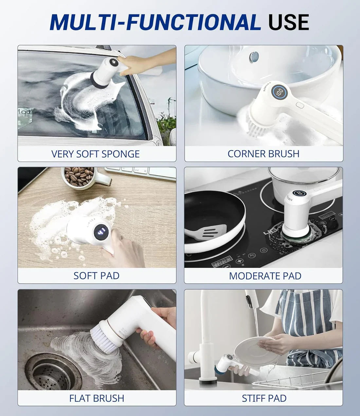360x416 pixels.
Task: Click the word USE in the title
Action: pyautogui.click(x=288, y=22)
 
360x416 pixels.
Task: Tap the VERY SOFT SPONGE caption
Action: pyautogui.click(x=96, y=154)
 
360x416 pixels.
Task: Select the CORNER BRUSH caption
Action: pyautogui.click(x=263, y=154)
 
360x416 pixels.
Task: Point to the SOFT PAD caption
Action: pyautogui.click(x=96, y=276)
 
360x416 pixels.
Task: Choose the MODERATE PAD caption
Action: pyautogui.click(x=265, y=276)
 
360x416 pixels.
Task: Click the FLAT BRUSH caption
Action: pyautogui.click(x=97, y=398)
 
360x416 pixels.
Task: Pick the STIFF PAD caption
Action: pyautogui.click(x=264, y=398)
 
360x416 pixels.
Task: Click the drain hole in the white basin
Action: pyautogui.click(x=254, y=56)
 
